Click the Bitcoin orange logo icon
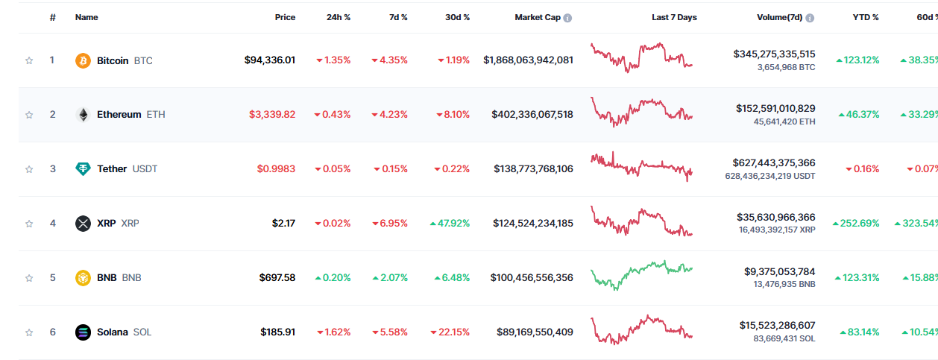tap(83, 60)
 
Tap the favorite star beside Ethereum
tap(29, 115)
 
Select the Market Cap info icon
tap(567, 18)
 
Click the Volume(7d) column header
tap(780, 17)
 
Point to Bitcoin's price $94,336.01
tap(270, 60)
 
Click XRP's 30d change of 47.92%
tap(450, 223)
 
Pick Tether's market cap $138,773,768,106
tap(533, 168)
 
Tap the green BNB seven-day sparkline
tap(641, 274)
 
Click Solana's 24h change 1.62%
tap(334, 332)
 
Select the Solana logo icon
tap(83, 332)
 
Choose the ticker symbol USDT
tap(145, 168)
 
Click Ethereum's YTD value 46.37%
tap(858, 114)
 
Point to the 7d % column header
tap(398, 17)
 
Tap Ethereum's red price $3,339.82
tap(272, 114)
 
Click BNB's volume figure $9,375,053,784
tap(780, 271)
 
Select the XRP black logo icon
tap(83, 224)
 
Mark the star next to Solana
tap(29, 332)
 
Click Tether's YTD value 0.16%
tap(862, 168)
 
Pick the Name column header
tap(86, 17)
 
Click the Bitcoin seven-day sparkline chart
tap(641, 58)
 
